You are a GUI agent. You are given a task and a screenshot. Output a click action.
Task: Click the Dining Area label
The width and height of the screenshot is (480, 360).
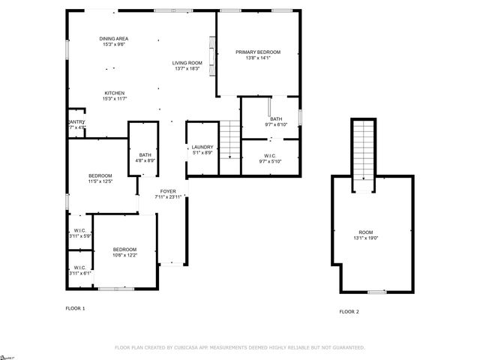[115, 42]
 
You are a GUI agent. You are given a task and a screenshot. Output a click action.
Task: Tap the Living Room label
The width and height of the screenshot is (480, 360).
[187, 66]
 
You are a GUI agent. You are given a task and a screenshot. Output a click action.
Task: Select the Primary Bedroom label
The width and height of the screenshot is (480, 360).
[258, 55]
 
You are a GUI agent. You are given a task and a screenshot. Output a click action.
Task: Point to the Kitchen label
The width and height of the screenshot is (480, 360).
[115, 96]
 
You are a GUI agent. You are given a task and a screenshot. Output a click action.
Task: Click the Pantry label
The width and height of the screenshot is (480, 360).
[76, 124]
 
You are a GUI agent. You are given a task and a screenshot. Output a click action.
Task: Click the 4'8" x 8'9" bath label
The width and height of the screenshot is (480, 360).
[145, 158]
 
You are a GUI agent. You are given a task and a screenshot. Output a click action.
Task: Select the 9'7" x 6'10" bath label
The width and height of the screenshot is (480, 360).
[276, 122]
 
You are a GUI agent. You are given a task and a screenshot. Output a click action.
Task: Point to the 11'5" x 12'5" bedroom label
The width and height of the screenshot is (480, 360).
[100, 178]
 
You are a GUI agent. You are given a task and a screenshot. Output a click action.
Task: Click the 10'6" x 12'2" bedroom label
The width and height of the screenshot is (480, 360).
[124, 252]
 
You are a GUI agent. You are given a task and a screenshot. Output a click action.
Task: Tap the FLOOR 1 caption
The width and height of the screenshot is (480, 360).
[76, 308]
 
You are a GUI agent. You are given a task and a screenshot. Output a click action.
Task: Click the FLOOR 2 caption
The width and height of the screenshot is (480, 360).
[349, 311]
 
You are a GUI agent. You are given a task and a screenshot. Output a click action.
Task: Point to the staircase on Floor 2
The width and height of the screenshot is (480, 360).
[363, 150]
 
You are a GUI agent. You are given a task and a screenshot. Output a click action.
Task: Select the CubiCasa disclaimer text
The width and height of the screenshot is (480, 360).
[239, 348]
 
